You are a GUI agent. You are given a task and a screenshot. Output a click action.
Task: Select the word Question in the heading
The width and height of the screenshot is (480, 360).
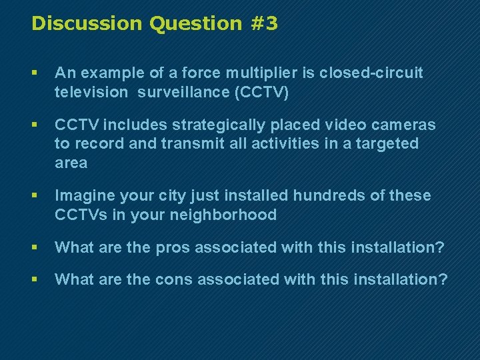pos(195,24)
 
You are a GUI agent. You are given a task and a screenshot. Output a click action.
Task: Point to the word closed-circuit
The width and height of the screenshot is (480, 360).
pos(371,73)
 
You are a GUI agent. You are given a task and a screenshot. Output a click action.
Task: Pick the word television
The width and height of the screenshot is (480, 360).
pos(91,92)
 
